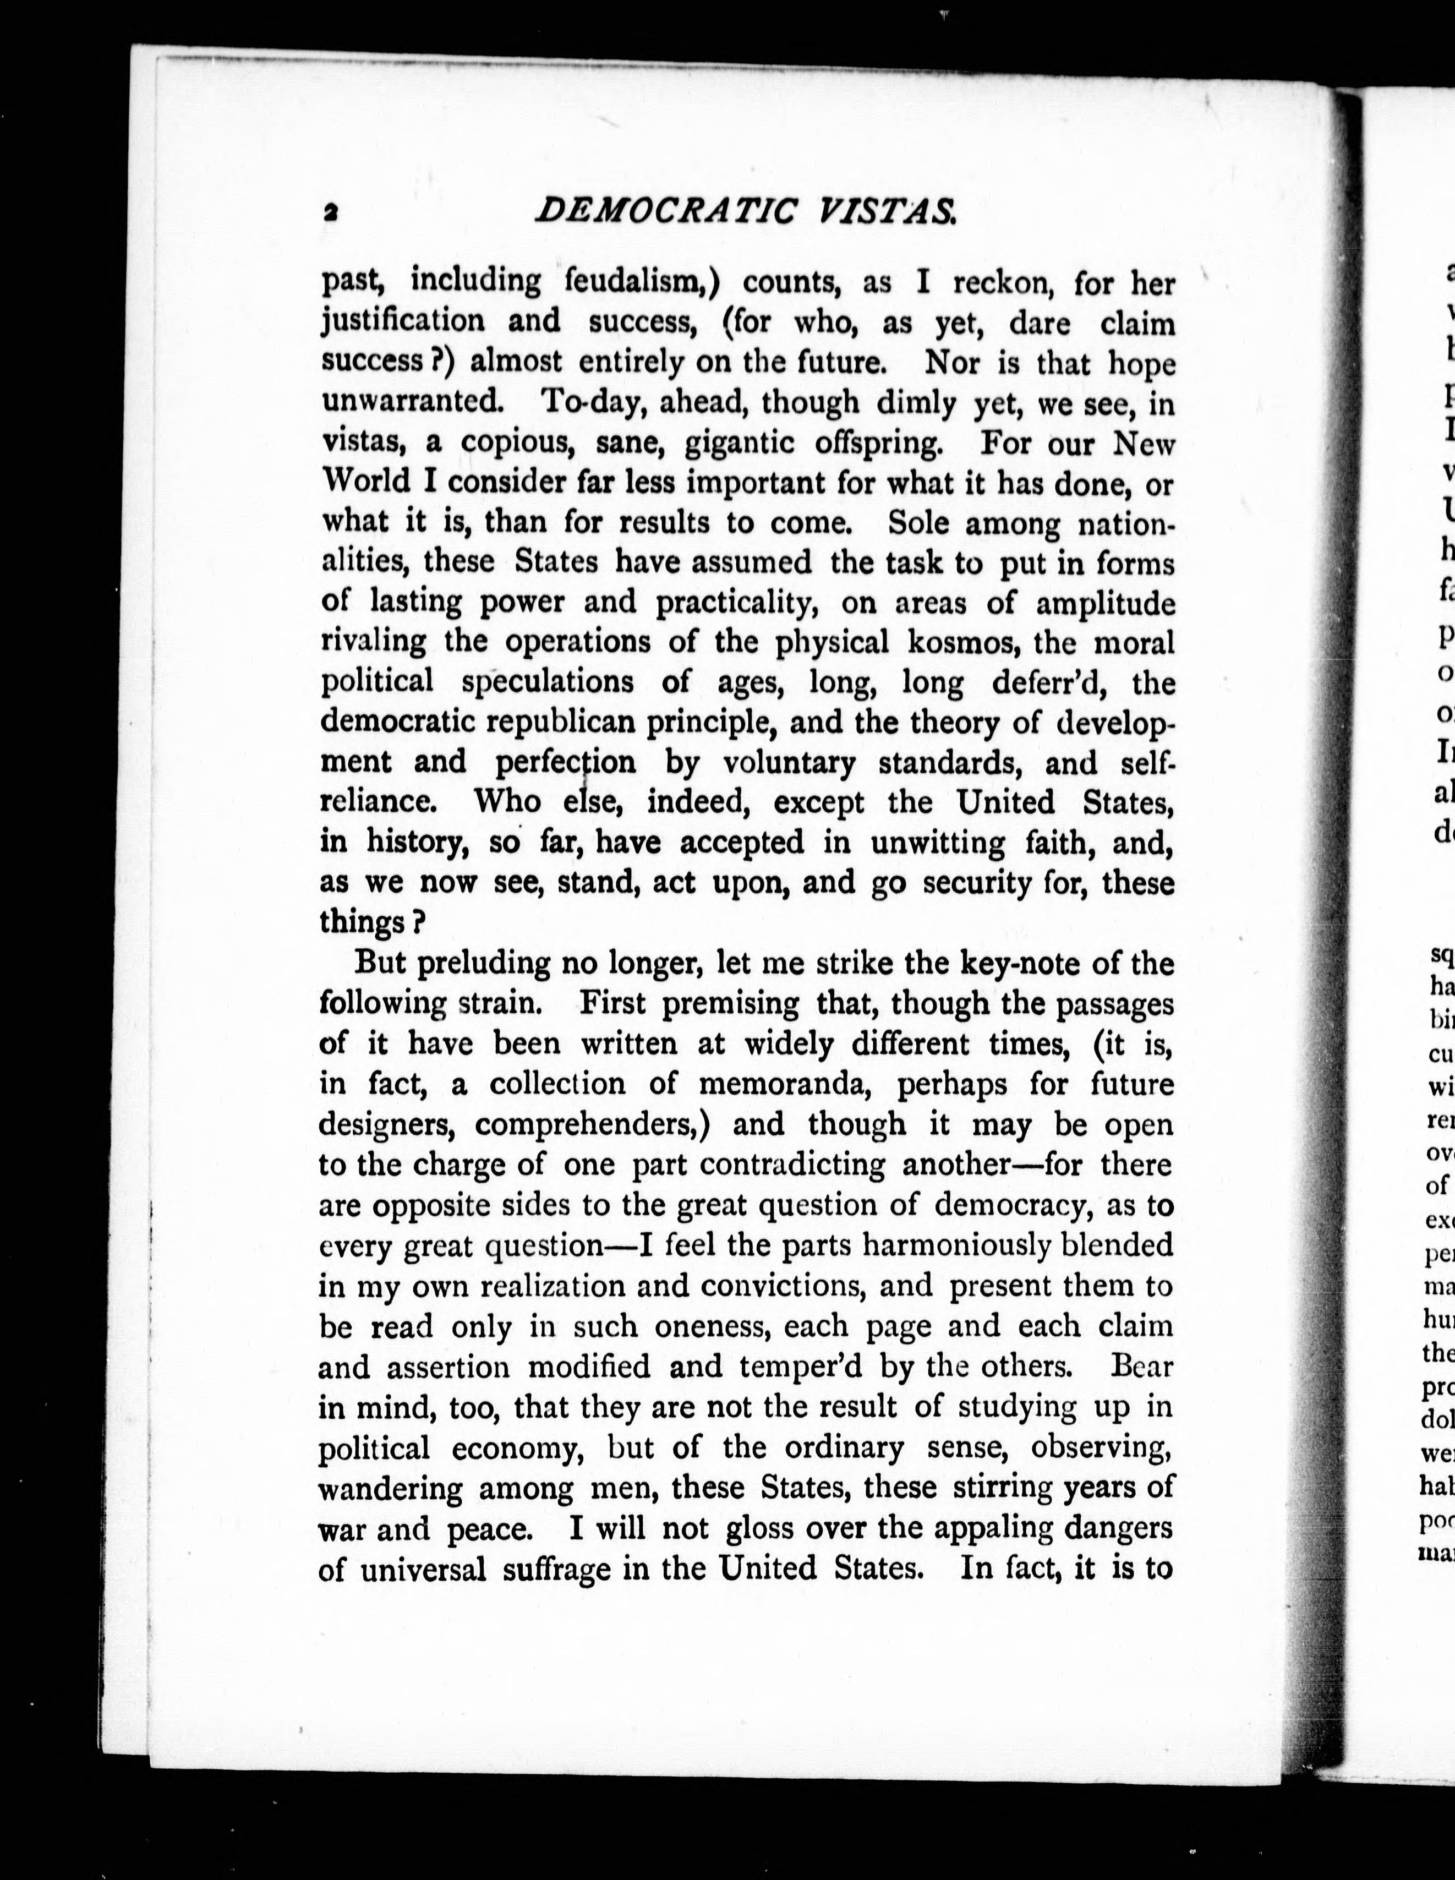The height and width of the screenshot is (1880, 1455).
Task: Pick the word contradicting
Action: pyautogui.click(x=791, y=1164)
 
